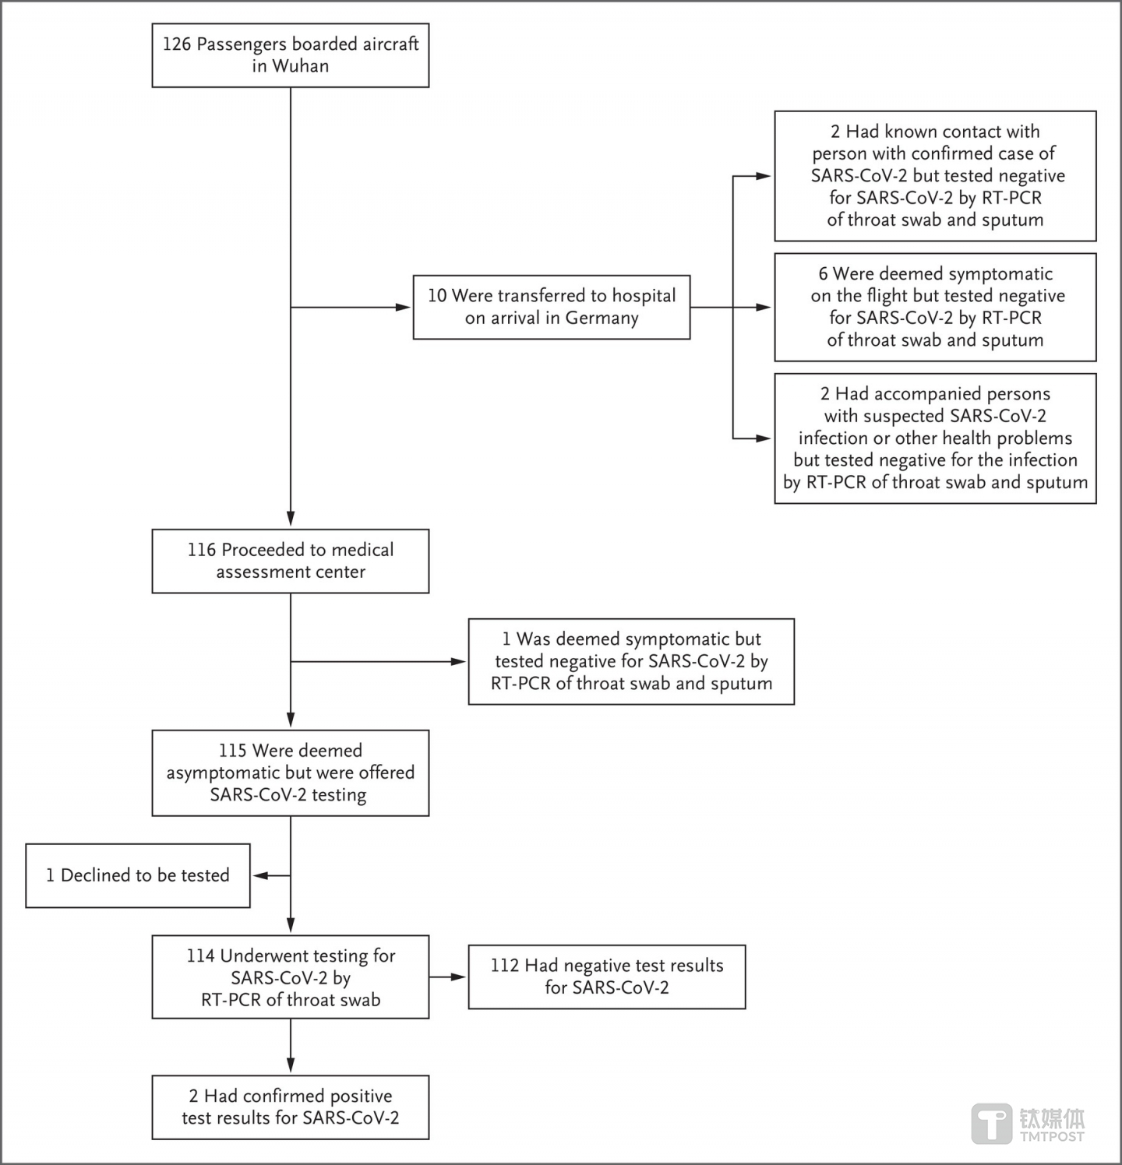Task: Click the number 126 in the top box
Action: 176,44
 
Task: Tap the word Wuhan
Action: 300,66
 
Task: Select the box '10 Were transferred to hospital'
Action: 552,307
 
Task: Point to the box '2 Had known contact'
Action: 935,176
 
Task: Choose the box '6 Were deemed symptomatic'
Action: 935,307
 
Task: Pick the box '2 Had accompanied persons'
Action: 935,438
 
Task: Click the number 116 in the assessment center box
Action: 201,550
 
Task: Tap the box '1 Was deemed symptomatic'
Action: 631,662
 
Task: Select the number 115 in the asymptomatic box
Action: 232,751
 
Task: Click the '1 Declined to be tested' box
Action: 138,875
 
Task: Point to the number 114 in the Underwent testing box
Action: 200,956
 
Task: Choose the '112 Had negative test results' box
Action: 607,977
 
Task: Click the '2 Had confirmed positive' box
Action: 291,1107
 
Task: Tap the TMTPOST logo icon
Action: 992,1125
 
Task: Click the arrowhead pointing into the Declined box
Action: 259,875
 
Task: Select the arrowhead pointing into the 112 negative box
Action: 459,977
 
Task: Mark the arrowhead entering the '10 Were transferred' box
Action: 404,307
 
